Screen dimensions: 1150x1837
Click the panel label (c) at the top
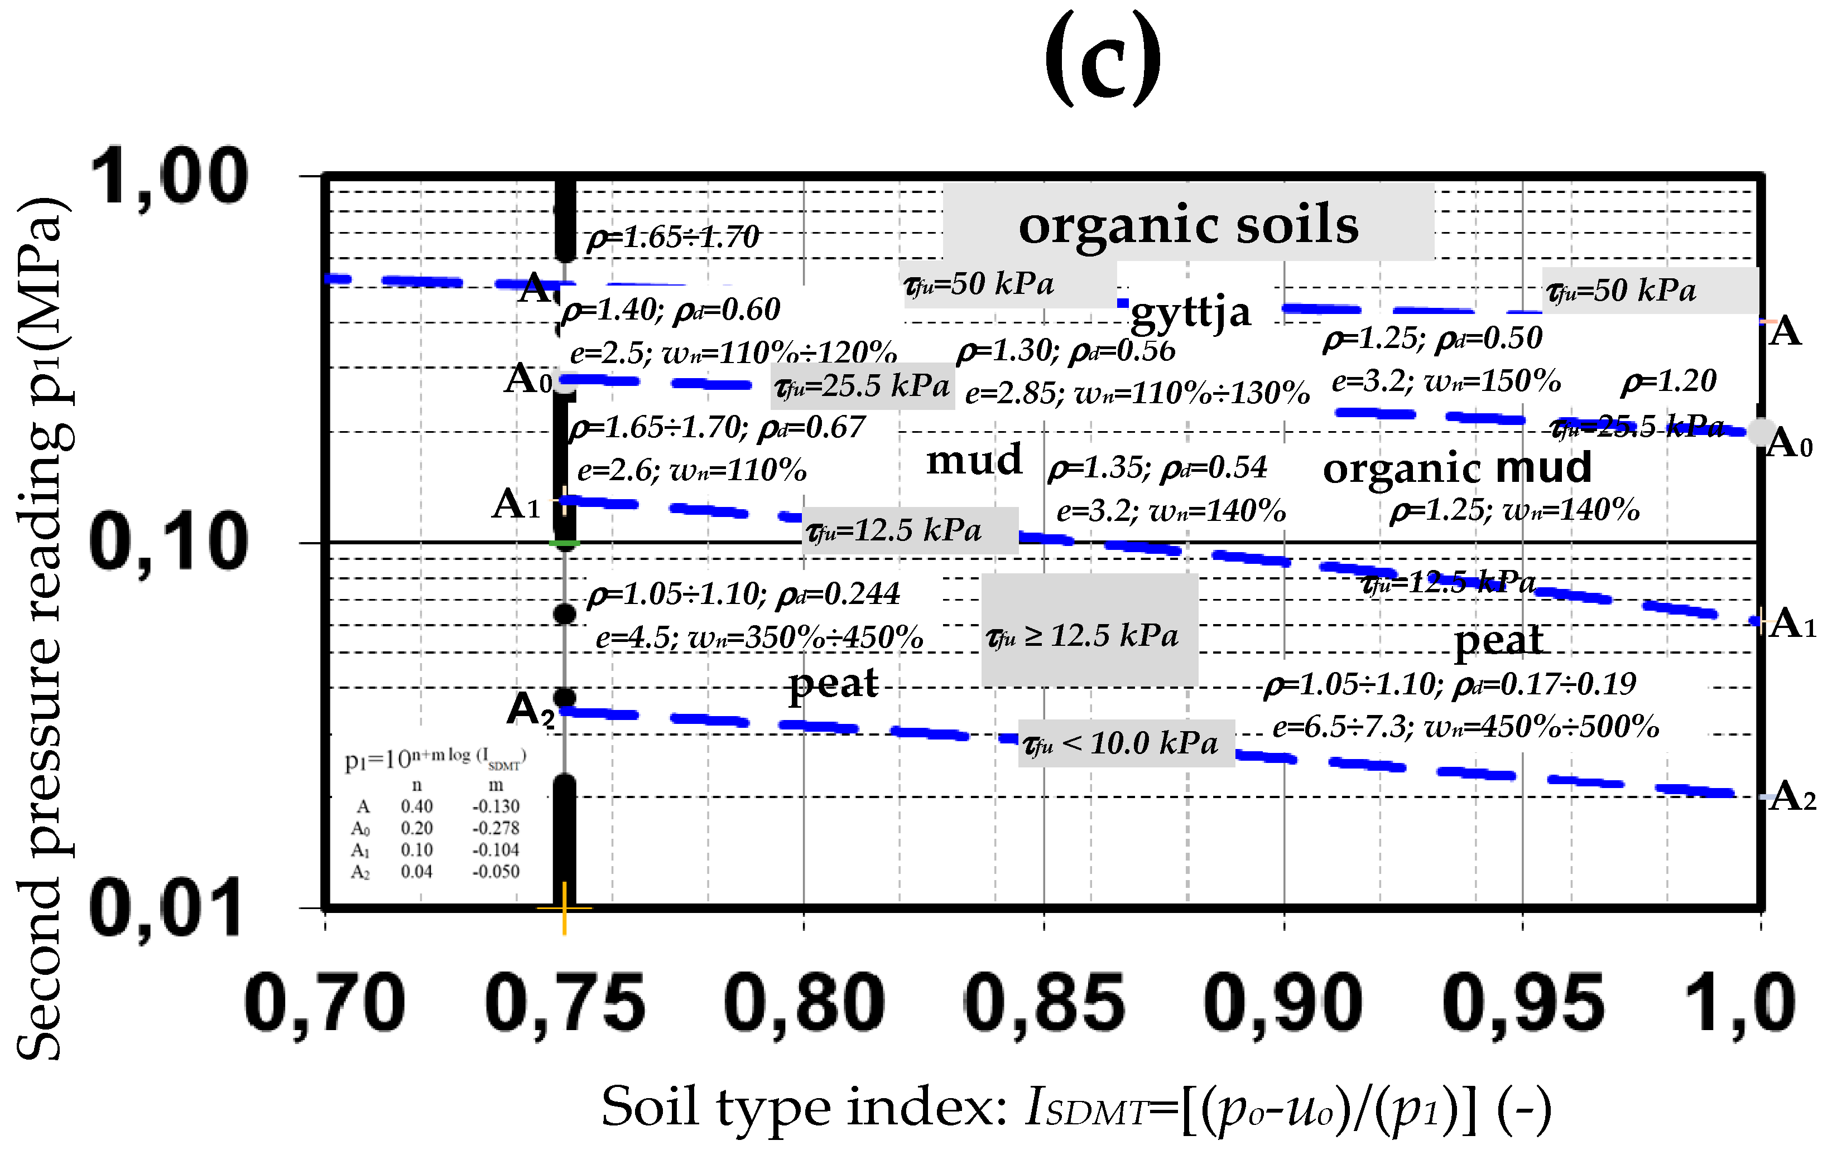coord(1103,59)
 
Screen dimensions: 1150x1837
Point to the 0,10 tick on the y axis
coord(168,542)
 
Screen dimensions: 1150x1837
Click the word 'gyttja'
coord(1191,312)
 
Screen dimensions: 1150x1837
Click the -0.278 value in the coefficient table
coord(496,828)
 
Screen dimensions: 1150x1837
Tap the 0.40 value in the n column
coord(417,806)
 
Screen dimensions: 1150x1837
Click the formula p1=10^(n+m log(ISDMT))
coord(435,758)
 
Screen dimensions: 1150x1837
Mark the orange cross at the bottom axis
coord(564,907)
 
